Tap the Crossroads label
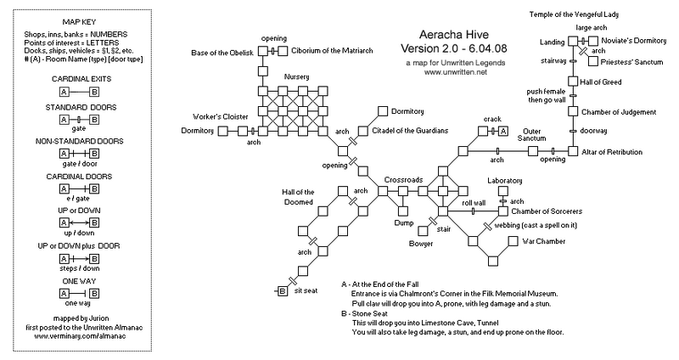(x=403, y=179)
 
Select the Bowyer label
(x=421, y=244)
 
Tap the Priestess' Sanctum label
(x=630, y=62)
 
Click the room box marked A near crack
(x=502, y=131)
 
